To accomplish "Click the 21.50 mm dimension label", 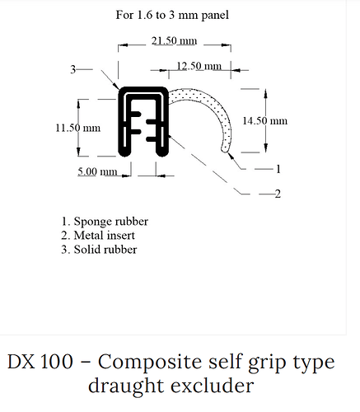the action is click(174, 41).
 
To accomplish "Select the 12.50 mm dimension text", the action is click(199, 66).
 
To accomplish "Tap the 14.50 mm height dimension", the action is click(264, 121).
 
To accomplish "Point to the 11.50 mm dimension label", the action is click(78, 128).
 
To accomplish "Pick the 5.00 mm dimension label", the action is click(97, 171).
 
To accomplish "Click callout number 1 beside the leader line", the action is click(278, 169).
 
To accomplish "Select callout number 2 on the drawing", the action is click(278, 194).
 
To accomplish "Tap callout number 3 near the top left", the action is click(72, 69).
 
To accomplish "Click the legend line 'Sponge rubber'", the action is click(105, 222).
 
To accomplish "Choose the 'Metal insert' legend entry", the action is click(98, 236).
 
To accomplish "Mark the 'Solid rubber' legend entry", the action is click(99, 250).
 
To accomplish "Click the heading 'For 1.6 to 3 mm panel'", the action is click(172, 15).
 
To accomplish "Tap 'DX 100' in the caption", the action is click(40, 361).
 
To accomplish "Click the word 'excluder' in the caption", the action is click(213, 386).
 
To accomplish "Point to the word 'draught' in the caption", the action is click(126, 387).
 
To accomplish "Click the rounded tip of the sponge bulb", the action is click(225, 149).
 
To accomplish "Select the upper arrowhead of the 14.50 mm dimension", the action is click(265, 94).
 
